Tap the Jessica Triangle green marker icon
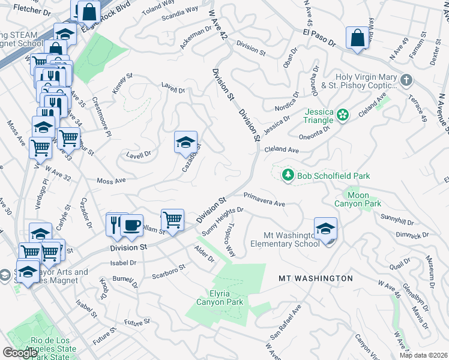point(343,114)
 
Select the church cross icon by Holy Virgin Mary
point(406,80)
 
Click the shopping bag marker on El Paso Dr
point(357,38)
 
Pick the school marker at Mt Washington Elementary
point(325,229)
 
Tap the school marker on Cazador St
point(186,143)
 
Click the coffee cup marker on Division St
point(131,226)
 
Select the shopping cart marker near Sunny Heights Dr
point(172,220)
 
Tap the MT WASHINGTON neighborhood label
point(316,278)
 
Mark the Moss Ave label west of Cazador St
point(111,180)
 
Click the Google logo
point(20,353)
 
